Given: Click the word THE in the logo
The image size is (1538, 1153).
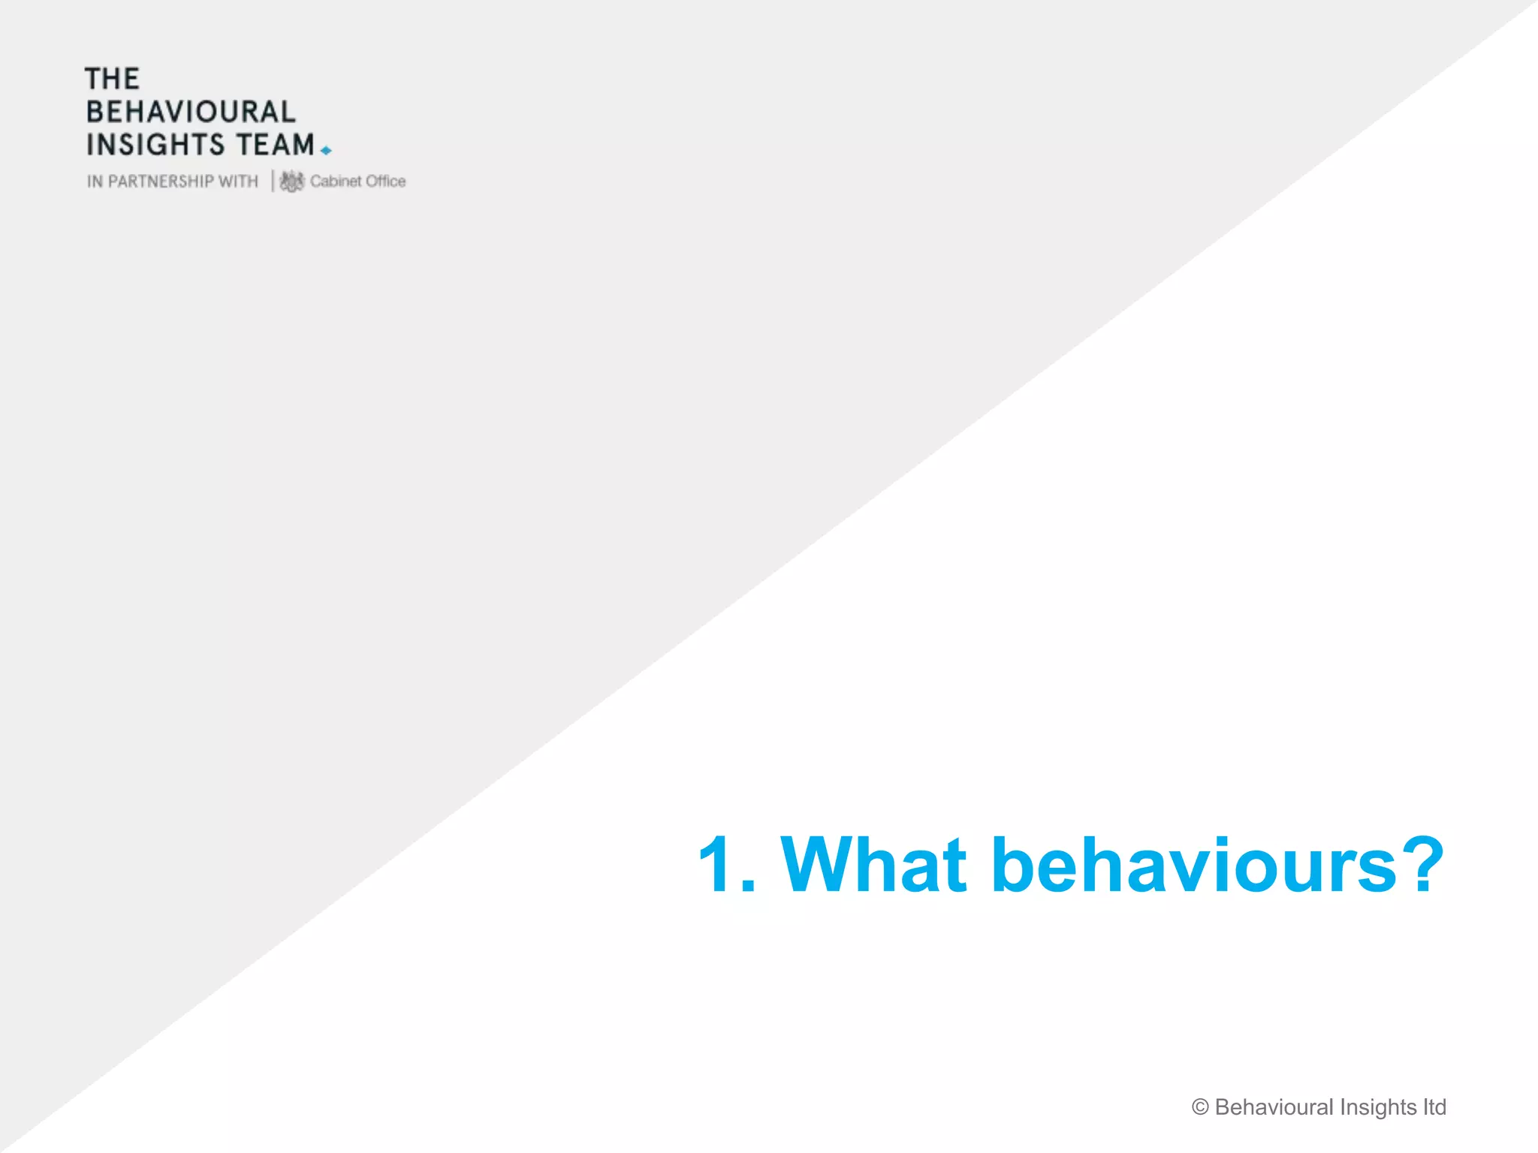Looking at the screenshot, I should pos(112,79).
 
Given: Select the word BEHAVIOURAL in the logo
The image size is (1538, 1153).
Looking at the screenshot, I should pos(191,112).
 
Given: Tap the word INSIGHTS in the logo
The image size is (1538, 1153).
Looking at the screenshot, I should pos(155,144).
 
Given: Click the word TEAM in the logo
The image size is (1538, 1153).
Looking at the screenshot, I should pos(276,144).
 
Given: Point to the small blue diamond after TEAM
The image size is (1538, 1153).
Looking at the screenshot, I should pos(326,151).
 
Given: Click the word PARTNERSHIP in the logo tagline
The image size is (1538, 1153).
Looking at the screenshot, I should pos(161,182).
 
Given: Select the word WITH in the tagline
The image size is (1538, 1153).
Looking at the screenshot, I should pos(238,182).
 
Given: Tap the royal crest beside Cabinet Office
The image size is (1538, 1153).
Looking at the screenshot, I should pos(291,181).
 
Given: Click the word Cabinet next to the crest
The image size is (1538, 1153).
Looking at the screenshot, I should pos(335,181).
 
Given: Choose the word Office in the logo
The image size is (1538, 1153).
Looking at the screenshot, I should pos(385,181).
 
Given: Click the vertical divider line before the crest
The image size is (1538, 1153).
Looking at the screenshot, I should pos(273,181).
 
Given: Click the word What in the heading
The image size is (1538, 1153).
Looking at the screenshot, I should pos(873,865).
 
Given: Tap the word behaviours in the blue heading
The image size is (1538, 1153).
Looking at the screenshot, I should pos(1194,865).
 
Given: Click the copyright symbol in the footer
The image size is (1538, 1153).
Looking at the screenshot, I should pos(1200,1107).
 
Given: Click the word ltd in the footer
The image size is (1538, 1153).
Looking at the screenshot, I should pos(1434,1107).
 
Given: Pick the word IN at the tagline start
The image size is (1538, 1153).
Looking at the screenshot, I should pos(95,182).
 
